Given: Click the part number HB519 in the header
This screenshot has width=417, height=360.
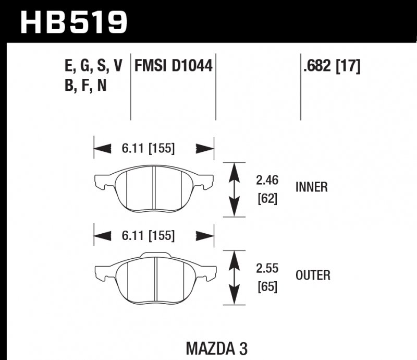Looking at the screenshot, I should coord(73,21).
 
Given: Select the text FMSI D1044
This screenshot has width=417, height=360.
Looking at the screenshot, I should coord(174,66).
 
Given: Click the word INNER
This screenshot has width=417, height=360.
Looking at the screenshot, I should coord(311,187).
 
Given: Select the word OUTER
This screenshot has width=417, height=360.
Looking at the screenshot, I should coord(312,275).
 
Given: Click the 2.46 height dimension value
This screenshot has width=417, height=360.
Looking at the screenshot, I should coord(267,181).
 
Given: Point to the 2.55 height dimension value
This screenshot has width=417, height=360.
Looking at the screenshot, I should coord(267,269).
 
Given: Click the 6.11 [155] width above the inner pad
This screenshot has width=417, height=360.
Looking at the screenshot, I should coord(148,149).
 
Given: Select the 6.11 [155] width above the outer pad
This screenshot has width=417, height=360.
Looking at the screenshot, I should coord(148,236).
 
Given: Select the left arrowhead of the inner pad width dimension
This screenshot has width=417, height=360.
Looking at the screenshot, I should coord(103,149).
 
